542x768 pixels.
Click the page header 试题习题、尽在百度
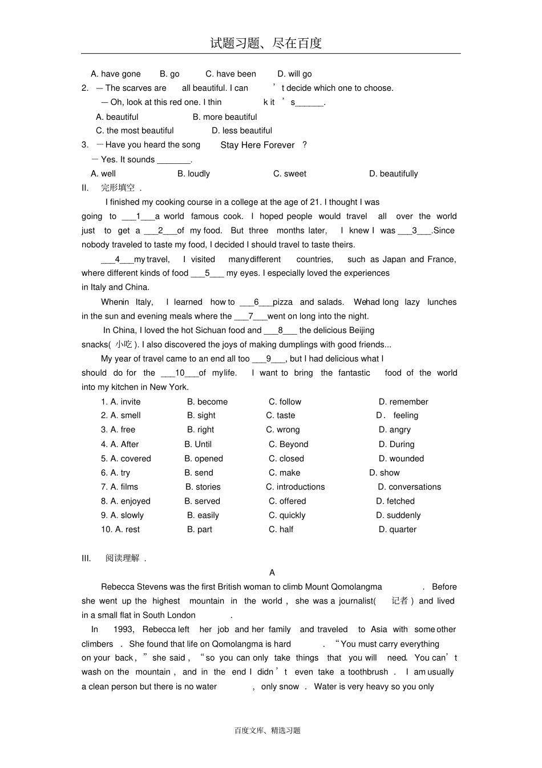click(266, 43)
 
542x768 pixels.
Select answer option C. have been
click(230, 74)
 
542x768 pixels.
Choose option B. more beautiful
click(225, 117)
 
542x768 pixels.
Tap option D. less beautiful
click(242, 131)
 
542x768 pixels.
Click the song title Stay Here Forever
click(257, 145)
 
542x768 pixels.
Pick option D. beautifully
click(393, 174)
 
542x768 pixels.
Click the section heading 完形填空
click(118, 188)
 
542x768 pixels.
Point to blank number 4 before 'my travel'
click(117, 259)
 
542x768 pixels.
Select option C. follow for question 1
click(285, 402)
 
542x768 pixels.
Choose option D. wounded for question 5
click(401, 459)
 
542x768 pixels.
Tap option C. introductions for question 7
click(295, 487)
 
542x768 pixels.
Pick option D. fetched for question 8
click(395, 501)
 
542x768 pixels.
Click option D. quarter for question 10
click(398, 529)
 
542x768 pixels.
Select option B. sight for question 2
click(201, 416)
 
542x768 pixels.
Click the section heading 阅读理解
click(123, 558)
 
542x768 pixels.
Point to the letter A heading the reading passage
click(272, 573)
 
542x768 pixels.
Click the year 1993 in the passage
click(123, 629)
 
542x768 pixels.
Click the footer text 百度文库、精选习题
click(267, 730)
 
